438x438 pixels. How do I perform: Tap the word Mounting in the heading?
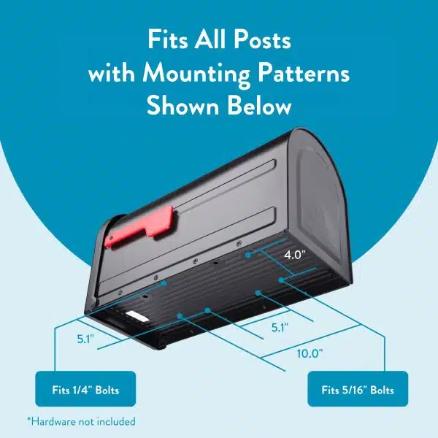point(188,74)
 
